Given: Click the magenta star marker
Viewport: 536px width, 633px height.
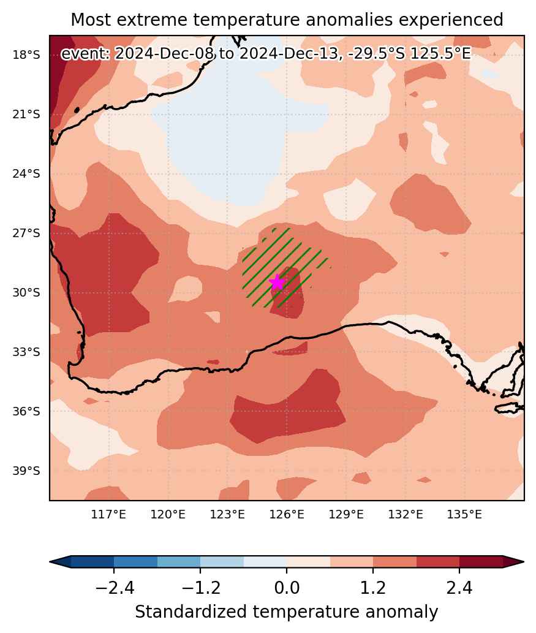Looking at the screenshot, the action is pyautogui.click(x=277, y=282).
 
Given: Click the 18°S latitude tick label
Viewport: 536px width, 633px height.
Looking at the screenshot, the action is pyautogui.click(x=26, y=55).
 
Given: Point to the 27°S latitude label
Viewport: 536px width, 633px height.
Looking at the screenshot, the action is pyautogui.click(x=26, y=233).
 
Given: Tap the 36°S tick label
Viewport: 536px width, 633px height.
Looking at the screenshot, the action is pyautogui.click(x=26, y=411).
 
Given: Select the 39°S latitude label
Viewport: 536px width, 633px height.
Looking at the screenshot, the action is pyautogui.click(x=26, y=471).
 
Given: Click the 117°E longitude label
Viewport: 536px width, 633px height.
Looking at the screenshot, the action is pyautogui.click(x=108, y=514).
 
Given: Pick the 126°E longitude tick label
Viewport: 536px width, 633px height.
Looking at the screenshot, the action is pyautogui.click(x=287, y=514).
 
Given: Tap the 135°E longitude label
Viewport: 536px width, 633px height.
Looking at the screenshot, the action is pyautogui.click(x=464, y=514).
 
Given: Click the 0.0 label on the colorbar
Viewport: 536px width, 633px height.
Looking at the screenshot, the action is pyautogui.click(x=287, y=588).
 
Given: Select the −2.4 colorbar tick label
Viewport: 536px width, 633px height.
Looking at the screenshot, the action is pyautogui.click(x=114, y=588).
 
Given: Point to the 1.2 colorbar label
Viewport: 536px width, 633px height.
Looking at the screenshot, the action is pyautogui.click(x=373, y=588).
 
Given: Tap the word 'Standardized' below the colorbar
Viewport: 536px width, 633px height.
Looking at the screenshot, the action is pyautogui.click(x=191, y=612).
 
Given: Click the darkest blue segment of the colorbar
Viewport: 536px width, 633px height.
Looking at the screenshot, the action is pyautogui.click(x=92, y=561).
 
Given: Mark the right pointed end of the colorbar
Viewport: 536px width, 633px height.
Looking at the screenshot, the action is pyautogui.click(x=524, y=561).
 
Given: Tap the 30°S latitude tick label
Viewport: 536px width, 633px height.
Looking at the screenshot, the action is pyautogui.click(x=26, y=293).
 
